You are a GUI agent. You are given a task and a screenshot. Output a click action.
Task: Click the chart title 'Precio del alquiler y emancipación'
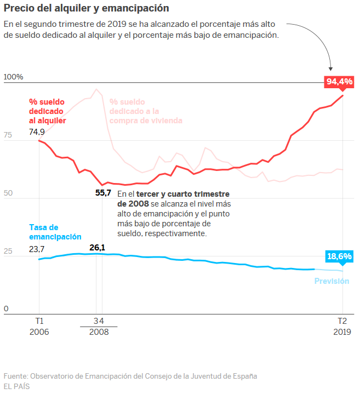tap(86, 8)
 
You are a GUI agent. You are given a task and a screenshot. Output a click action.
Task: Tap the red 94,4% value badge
tap(339, 82)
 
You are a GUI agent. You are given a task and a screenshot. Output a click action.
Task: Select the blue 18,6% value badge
tap(339, 256)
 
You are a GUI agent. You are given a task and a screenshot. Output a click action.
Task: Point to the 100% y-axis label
tap(14, 77)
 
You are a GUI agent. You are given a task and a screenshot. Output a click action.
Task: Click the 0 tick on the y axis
tap(6, 309)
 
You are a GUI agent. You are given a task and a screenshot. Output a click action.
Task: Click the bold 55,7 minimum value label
tap(103, 192)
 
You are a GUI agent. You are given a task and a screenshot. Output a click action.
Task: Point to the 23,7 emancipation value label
tap(37, 249)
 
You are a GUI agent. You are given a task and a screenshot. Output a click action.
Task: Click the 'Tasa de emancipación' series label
tap(55, 232)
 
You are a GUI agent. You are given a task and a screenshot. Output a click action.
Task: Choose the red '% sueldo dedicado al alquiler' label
tap(48, 111)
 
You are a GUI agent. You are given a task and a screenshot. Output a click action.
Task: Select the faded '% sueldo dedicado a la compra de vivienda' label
tap(145, 111)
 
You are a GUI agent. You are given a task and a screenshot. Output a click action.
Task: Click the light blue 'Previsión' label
tap(332, 281)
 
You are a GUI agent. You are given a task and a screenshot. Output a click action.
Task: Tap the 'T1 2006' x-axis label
tap(39, 327)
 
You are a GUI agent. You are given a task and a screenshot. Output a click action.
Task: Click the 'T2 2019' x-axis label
tap(342, 327)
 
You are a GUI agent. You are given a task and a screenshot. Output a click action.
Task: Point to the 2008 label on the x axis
tap(99, 332)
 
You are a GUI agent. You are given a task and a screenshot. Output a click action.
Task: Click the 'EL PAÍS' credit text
tap(17, 386)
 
